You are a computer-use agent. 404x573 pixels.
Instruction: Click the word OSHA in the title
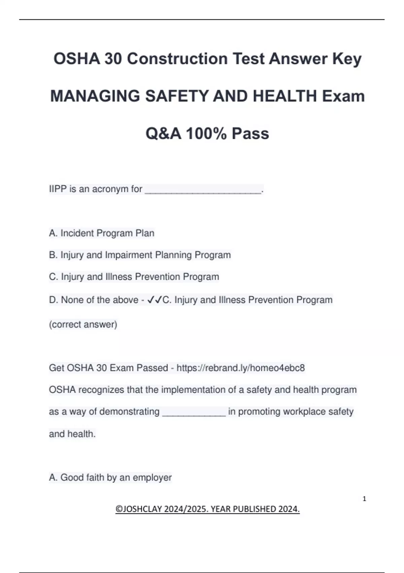(x=77, y=59)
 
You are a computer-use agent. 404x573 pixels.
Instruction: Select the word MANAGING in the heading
(x=95, y=96)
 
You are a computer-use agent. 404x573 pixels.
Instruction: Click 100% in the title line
(x=206, y=133)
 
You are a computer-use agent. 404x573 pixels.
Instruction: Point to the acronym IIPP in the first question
(x=58, y=189)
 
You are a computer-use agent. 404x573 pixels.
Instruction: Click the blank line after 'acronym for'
(x=203, y=191)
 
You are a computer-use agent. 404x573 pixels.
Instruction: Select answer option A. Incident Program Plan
(x=102, y=233)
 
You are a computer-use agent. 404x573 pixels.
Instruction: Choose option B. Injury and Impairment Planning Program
(x=140, y=255)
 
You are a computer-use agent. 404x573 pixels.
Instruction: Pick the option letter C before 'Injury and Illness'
(x=53, y=277)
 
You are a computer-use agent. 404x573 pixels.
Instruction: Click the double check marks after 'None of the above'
(x=155, y=300)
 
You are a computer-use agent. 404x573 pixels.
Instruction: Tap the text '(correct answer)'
(x=83, y=324)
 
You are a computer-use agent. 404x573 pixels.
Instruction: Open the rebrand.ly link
(x=240, y=368)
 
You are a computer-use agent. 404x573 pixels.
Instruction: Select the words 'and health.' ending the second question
(x=72, y=434)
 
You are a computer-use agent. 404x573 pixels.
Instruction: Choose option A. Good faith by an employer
(x=110, y=477)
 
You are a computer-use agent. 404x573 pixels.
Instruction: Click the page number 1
(x=364, y=499)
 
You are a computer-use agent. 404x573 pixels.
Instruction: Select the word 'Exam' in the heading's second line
(x=343, y=96)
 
